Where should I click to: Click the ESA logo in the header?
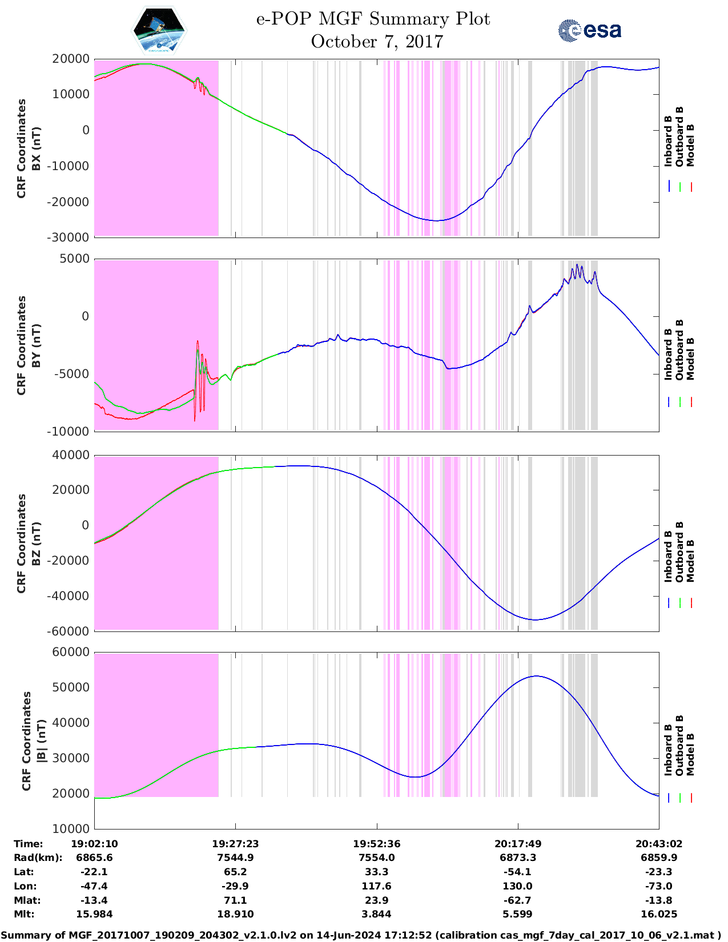pos(590,30)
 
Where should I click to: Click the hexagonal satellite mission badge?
pos(159,30)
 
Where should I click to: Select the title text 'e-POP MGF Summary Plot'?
pos(373,19)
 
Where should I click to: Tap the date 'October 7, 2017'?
pos(377,42)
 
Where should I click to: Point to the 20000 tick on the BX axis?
pos(71,59)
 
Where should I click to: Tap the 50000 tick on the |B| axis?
pos(71,687)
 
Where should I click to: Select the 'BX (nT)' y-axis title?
pos(36,148)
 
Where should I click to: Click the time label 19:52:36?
pos(377,844)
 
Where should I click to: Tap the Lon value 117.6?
pos(377,886)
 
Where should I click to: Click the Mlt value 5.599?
pos(518,914)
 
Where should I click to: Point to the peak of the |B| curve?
pos(536,676)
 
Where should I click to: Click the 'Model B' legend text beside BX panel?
pos(690,145)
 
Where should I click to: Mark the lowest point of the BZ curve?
pos(534,619)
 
